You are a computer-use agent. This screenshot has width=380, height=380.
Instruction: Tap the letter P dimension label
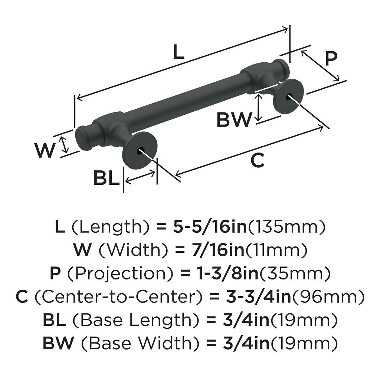click(331, 58)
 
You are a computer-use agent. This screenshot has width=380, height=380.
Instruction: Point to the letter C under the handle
click(257, 160)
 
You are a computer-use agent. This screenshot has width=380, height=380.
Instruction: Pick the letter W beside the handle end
click(45, 150)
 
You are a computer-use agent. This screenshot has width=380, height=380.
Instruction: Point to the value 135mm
click(286, 227)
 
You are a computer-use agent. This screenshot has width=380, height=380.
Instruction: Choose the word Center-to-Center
click(117, 297)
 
